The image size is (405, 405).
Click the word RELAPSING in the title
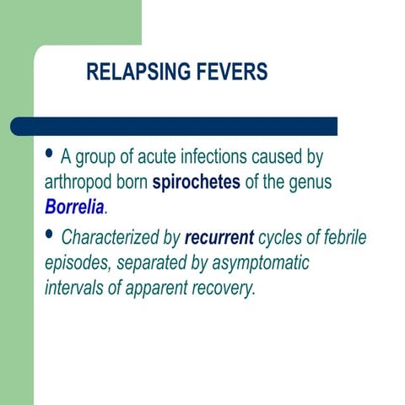coord(138,73)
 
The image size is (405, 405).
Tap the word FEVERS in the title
coord(231,73)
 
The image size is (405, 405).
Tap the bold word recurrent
coord(219,237)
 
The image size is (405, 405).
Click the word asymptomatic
coord(256,263)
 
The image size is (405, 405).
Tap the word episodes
coord(76,263)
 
